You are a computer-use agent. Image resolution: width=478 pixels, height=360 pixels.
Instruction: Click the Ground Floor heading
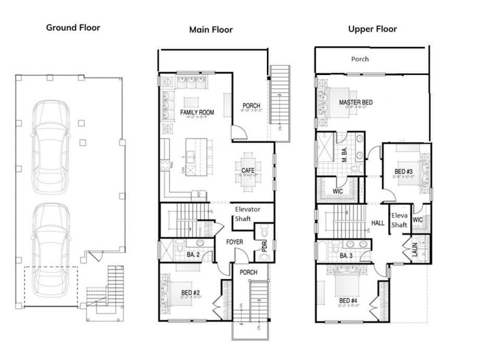coord(73,27)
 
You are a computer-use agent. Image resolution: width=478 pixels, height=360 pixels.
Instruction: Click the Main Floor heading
coord(211,30)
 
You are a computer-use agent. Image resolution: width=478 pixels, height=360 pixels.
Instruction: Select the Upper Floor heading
coord(372,29)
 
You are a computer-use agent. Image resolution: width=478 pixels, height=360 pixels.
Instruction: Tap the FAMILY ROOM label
coord(197,113)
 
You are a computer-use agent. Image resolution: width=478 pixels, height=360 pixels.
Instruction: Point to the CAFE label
coord(248,171)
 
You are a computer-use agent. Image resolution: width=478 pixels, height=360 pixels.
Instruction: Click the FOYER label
coord(234,242)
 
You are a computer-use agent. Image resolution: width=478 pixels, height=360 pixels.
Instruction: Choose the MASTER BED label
coord(356,102)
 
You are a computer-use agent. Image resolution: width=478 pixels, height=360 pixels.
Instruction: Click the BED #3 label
coord(403,171)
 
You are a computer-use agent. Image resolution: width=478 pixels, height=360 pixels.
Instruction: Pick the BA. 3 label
coord(347,256)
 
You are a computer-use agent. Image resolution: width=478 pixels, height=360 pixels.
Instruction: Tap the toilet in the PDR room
coord(262,233)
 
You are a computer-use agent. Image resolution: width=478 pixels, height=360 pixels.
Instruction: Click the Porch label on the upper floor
coord(360,59)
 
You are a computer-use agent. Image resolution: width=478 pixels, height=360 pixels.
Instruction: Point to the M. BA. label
coord(345,153)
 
